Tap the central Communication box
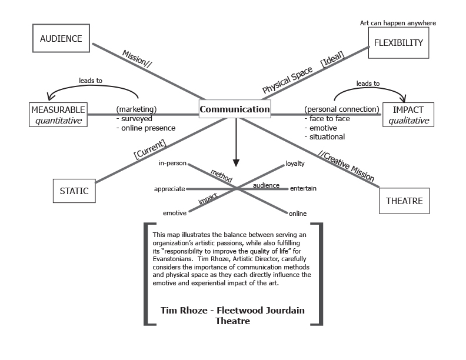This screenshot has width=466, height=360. (235, 109)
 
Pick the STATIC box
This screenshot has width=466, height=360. (74, 191)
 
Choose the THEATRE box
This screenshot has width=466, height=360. (404, 201)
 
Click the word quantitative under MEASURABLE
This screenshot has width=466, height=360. (58, 121)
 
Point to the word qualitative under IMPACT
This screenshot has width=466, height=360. (407, 121)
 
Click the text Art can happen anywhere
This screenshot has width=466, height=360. (398, 24)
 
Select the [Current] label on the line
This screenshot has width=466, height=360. (150, 149)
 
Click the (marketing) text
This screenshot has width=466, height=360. (137, 109)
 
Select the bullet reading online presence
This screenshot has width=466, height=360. (148, 128)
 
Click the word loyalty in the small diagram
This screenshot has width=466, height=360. (295, 164)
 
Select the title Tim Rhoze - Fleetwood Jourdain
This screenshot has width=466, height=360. (233, 309)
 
